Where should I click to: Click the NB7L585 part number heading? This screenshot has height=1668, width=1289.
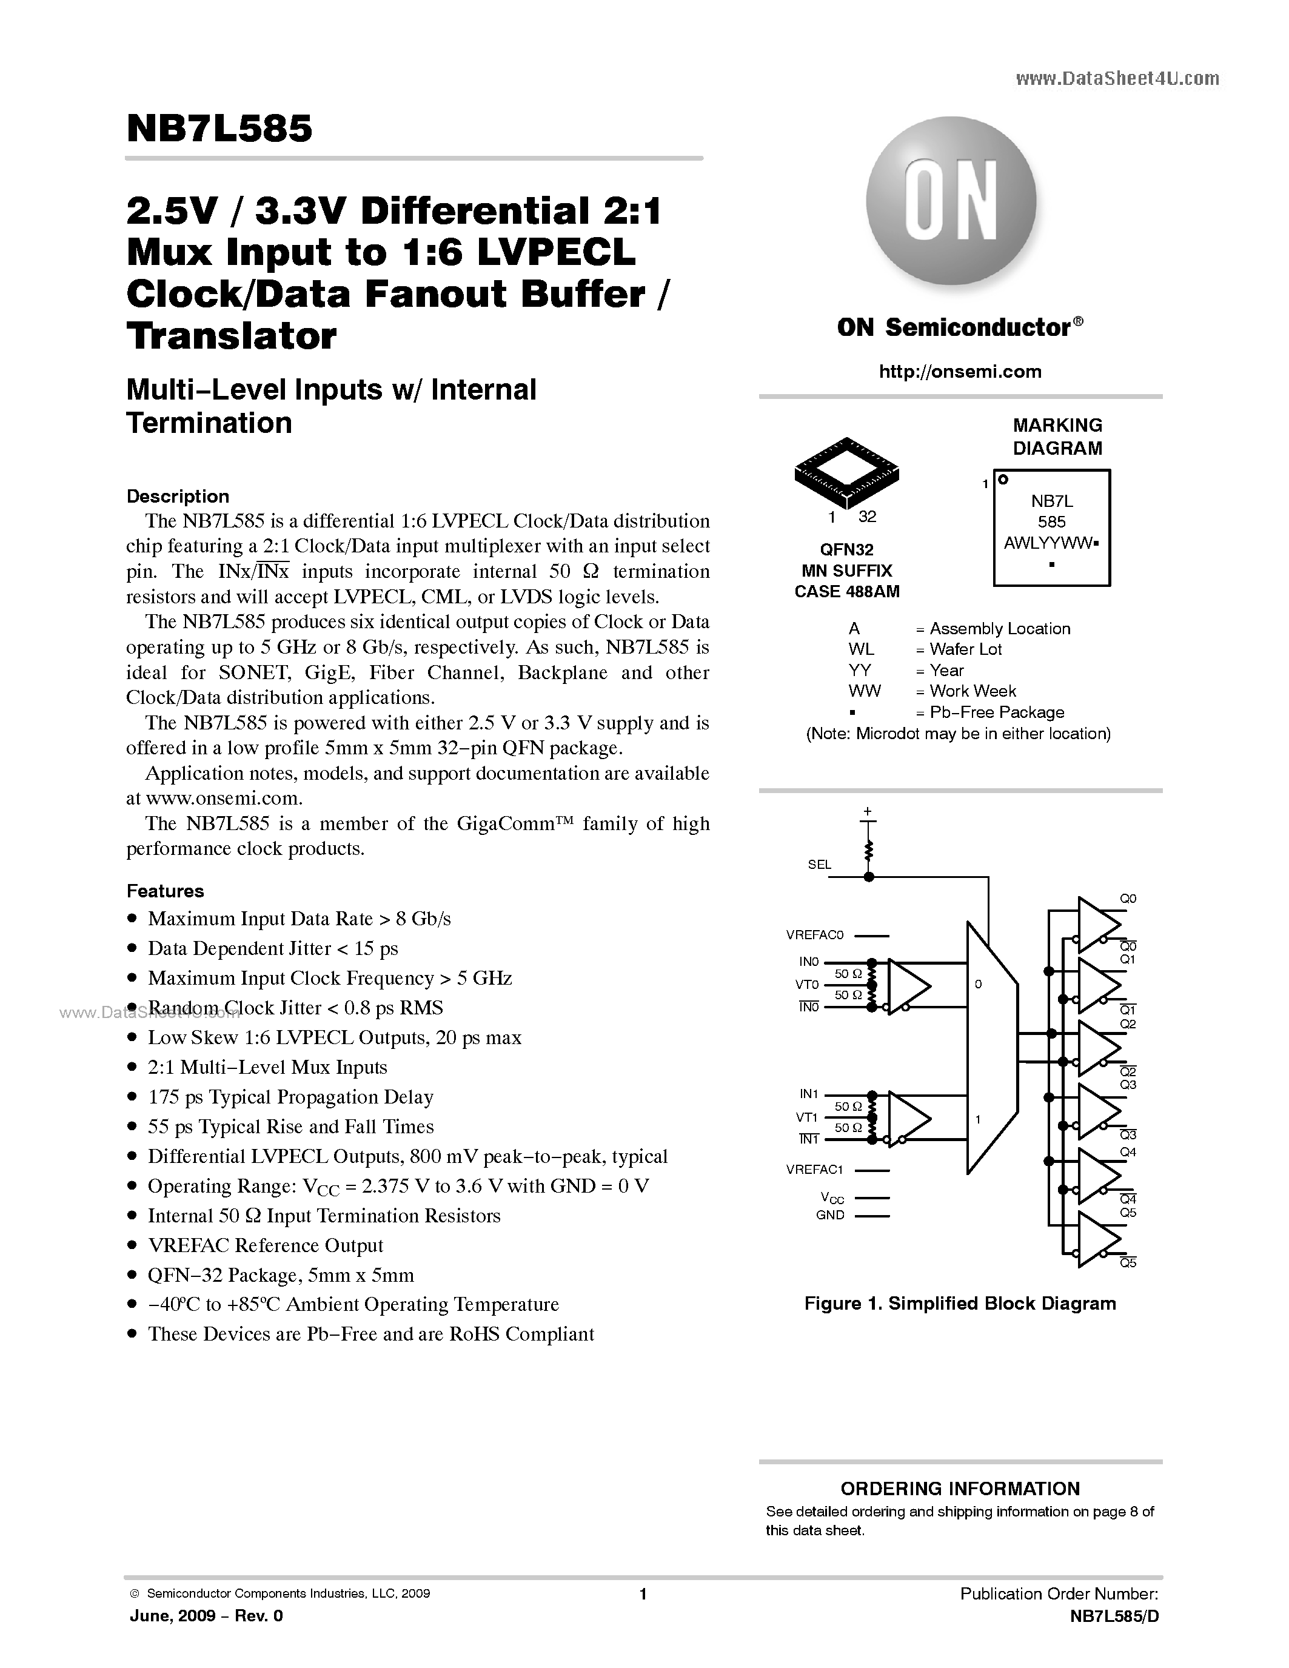click(x=219, y=129)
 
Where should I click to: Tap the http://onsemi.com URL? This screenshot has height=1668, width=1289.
click(x=960, y=372)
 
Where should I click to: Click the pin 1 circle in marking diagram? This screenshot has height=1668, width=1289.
click(x=1003, y=480)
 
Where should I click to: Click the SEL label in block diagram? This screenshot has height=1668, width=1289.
click(x=819, y=865)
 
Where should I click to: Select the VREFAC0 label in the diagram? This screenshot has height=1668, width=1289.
click(x=814, y=935)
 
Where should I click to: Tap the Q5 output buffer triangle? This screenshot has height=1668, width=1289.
click(x=1097, y=1239)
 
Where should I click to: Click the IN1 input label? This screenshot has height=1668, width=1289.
click(x=809, y=1094)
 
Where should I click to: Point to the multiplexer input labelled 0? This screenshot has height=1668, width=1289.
click(x=978, y=985)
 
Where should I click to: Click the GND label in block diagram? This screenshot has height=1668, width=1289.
click(x=830, y=1215)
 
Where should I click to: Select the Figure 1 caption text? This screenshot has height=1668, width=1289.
click(x=960, y=1304)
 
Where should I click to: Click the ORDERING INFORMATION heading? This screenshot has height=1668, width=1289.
click(x=960, y=1489)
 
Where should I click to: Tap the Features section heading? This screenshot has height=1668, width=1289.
click(x=165, y=891)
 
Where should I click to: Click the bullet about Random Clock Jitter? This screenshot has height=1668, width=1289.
click(x=295, y=1008)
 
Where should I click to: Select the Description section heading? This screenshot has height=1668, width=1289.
click(x=177, y=497)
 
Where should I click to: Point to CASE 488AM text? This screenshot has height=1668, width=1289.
click(x=846, y=591)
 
